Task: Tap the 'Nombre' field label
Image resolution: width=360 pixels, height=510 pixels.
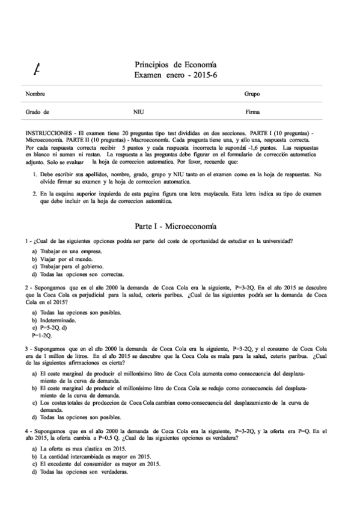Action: [35, 94]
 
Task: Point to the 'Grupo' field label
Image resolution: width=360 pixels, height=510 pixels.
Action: [252, 94]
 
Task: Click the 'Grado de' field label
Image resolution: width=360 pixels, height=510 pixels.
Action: [37, 112]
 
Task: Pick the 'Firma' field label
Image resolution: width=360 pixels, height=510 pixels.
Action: [252, 112]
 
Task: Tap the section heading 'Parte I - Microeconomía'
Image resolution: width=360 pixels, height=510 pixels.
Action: [177, 226]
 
